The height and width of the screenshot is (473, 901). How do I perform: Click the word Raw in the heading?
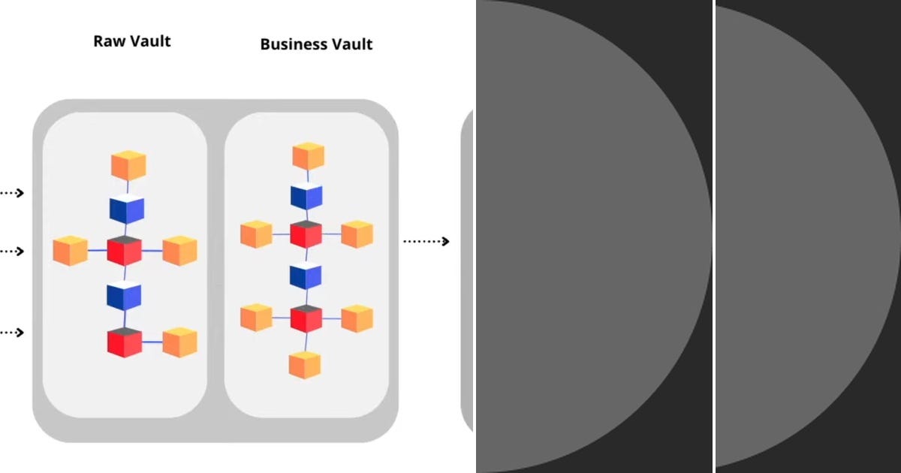click(108, 41)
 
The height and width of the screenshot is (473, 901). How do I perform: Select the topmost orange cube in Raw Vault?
click(128, 166)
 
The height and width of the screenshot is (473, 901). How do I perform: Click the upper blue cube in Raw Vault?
click(126, 209)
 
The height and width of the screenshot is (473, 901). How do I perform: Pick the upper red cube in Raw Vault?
click(125, 251)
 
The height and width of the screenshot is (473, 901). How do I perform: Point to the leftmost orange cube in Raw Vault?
click(71, 251)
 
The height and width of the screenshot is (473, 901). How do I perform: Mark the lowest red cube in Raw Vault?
click(125, 342)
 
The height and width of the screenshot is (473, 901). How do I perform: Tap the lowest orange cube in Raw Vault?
click(180, 342)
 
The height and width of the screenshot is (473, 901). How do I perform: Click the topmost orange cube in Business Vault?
click(308, 156)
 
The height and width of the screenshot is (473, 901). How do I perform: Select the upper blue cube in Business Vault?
click(306, 196)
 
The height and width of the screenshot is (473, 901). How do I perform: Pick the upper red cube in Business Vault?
click(306, 234)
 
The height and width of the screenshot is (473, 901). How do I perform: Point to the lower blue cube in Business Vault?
click(306, 276)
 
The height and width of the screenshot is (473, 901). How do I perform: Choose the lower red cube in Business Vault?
click(306, 318)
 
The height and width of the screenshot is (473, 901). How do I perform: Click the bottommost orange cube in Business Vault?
click(305, 364)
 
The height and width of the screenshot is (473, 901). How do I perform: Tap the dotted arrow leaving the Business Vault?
click(426, 241)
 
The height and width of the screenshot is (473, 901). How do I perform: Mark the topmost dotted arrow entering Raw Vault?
click(12, 193)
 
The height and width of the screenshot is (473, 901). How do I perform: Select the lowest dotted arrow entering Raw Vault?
click(12, 332)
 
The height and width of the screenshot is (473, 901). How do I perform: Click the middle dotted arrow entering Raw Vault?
click(12, 251)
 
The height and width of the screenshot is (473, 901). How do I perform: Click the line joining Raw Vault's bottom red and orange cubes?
click(152, 342)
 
